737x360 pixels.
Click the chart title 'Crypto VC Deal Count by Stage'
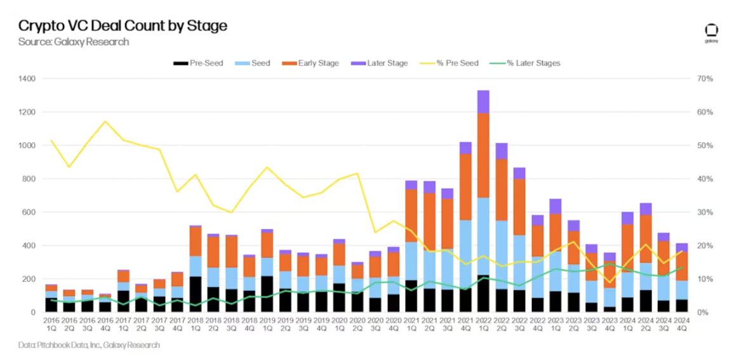point(123,26)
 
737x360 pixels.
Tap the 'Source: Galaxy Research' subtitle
point(73,42)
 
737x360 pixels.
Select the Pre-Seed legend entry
point(198,63)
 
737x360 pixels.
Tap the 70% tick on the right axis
point(705,79)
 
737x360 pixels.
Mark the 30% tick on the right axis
point(705,212)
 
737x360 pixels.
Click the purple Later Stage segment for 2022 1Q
point(483,102)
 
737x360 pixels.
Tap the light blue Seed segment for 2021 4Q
point(465,254)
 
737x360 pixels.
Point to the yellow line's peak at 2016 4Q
point(105,121)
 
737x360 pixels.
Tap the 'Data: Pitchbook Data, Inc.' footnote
point(89,345)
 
